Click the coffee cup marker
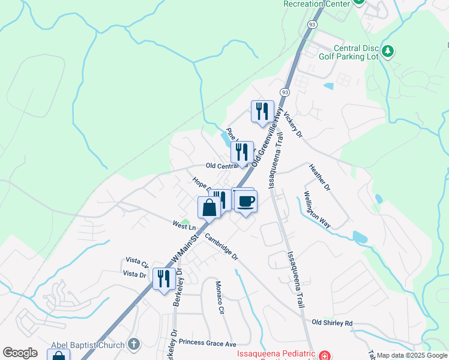tap(245, 201)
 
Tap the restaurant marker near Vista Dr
tap(164, 278)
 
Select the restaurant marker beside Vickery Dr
tap(262, 112)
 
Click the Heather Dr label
tap(319, 178)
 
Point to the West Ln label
tap(184, 226)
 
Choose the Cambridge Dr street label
tap(221, 247)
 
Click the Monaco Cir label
tap(219, 296)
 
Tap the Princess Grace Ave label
tap(208, 344)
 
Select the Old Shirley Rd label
tap(332, 323)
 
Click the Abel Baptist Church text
tap(88, 344)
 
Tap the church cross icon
tap(134, 344)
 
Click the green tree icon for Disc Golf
tap(388, 52)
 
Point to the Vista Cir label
tap(137, 262)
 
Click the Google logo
tap(20, 353)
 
